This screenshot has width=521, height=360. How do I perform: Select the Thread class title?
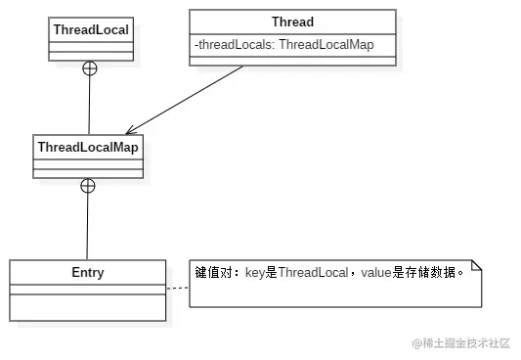point(292,22)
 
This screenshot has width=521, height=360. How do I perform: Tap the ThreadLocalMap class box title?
point(87,147)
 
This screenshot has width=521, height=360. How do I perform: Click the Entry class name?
point(87,273)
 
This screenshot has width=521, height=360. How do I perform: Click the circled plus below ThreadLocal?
point(89,68)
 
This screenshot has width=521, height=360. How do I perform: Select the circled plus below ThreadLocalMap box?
point(87,186)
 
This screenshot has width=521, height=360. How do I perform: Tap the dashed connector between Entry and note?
point(177,289)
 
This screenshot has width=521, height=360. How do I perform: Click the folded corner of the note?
point(476,266)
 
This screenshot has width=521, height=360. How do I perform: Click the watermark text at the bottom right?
point(461,342)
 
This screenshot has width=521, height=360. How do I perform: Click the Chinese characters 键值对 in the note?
point(211,272)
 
